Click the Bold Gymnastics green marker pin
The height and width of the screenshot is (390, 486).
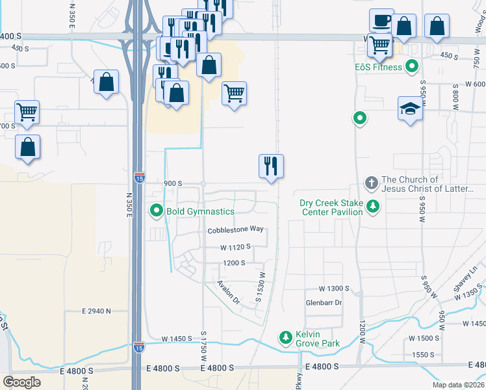coord(157,211)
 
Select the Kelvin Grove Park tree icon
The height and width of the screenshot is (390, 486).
coord(285,337)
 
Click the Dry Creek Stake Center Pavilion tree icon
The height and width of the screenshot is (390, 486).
coord(373,207)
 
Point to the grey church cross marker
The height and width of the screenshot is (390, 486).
coord(372,184)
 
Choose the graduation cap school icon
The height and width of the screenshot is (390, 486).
coord(411,108)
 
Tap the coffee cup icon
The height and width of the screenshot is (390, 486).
coord(381,20)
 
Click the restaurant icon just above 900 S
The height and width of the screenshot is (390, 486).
coord(272,166)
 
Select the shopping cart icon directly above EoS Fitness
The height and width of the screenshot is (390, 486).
coord(379,45)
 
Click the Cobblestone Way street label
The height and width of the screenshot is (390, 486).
coord(235,229)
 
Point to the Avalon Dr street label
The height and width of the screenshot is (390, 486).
coord(229,292)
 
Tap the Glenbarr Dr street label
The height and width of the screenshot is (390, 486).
coord(324,303)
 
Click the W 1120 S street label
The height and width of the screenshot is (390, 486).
coord(235,247)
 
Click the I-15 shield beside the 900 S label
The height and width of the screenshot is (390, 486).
coord(139,176)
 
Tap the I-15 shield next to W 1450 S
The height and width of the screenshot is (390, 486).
coord(139,347)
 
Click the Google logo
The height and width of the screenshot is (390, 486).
coord(21,382)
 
